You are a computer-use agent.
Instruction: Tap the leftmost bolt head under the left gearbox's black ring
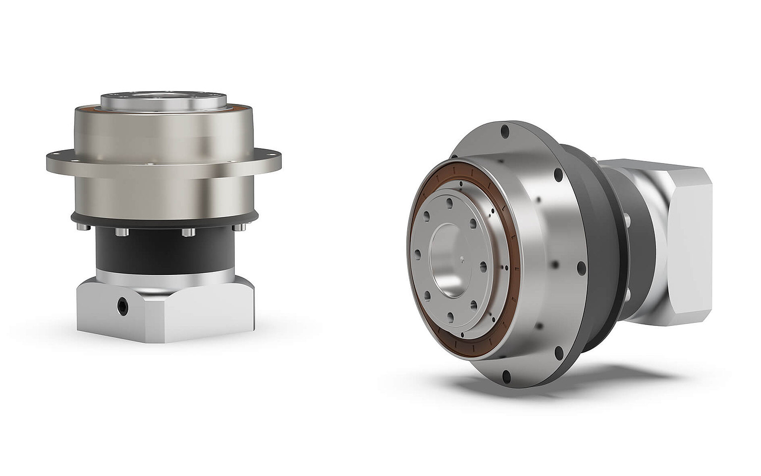tap(82, 227)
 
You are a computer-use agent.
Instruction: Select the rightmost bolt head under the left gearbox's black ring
tap(241, 227)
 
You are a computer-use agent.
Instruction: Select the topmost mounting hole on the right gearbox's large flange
tap(505, 132)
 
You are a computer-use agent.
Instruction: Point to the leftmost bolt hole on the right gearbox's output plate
tap(418, 255)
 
